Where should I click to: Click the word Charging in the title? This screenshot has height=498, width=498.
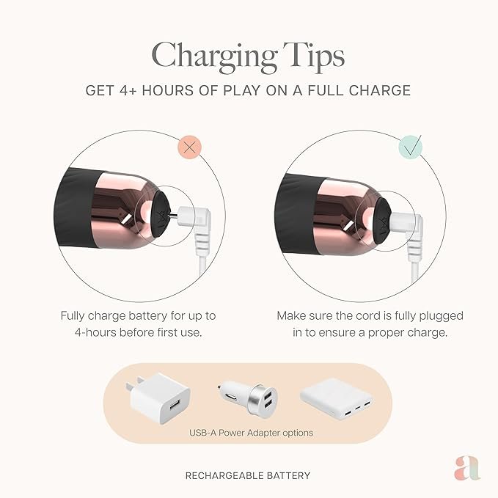(x=214, y=57)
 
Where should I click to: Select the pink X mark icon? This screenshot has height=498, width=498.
(x=190, y=147)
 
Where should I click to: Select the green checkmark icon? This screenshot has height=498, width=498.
(x=411, y=147)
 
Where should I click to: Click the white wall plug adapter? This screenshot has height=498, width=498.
(x=159, y=398)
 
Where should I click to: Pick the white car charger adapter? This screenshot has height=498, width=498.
(x=247, y=399)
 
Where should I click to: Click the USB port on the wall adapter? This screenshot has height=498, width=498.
(x=175, y=406)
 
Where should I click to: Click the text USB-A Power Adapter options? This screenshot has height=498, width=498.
(x=251, y=433)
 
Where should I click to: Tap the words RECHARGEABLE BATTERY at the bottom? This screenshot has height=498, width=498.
(x=248, y=475)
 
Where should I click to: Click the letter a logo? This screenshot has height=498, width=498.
(x=467, y=468)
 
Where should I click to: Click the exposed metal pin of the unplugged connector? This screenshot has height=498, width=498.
(x=174, y=216)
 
